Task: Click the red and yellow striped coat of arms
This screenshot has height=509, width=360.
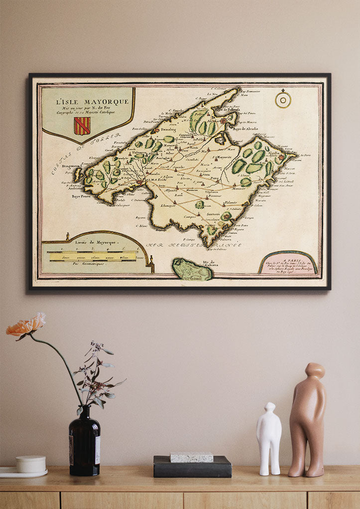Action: pos(82,126)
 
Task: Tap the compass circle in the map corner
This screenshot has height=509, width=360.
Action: pos(283,100)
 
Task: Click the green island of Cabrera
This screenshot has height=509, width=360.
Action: pos(191,270)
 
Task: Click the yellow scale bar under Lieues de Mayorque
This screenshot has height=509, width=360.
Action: pos(92,257)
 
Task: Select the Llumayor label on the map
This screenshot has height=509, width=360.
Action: pos(168,205)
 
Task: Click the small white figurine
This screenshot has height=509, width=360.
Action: pos(269,438)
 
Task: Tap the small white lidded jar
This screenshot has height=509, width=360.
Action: pos(31,464)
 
